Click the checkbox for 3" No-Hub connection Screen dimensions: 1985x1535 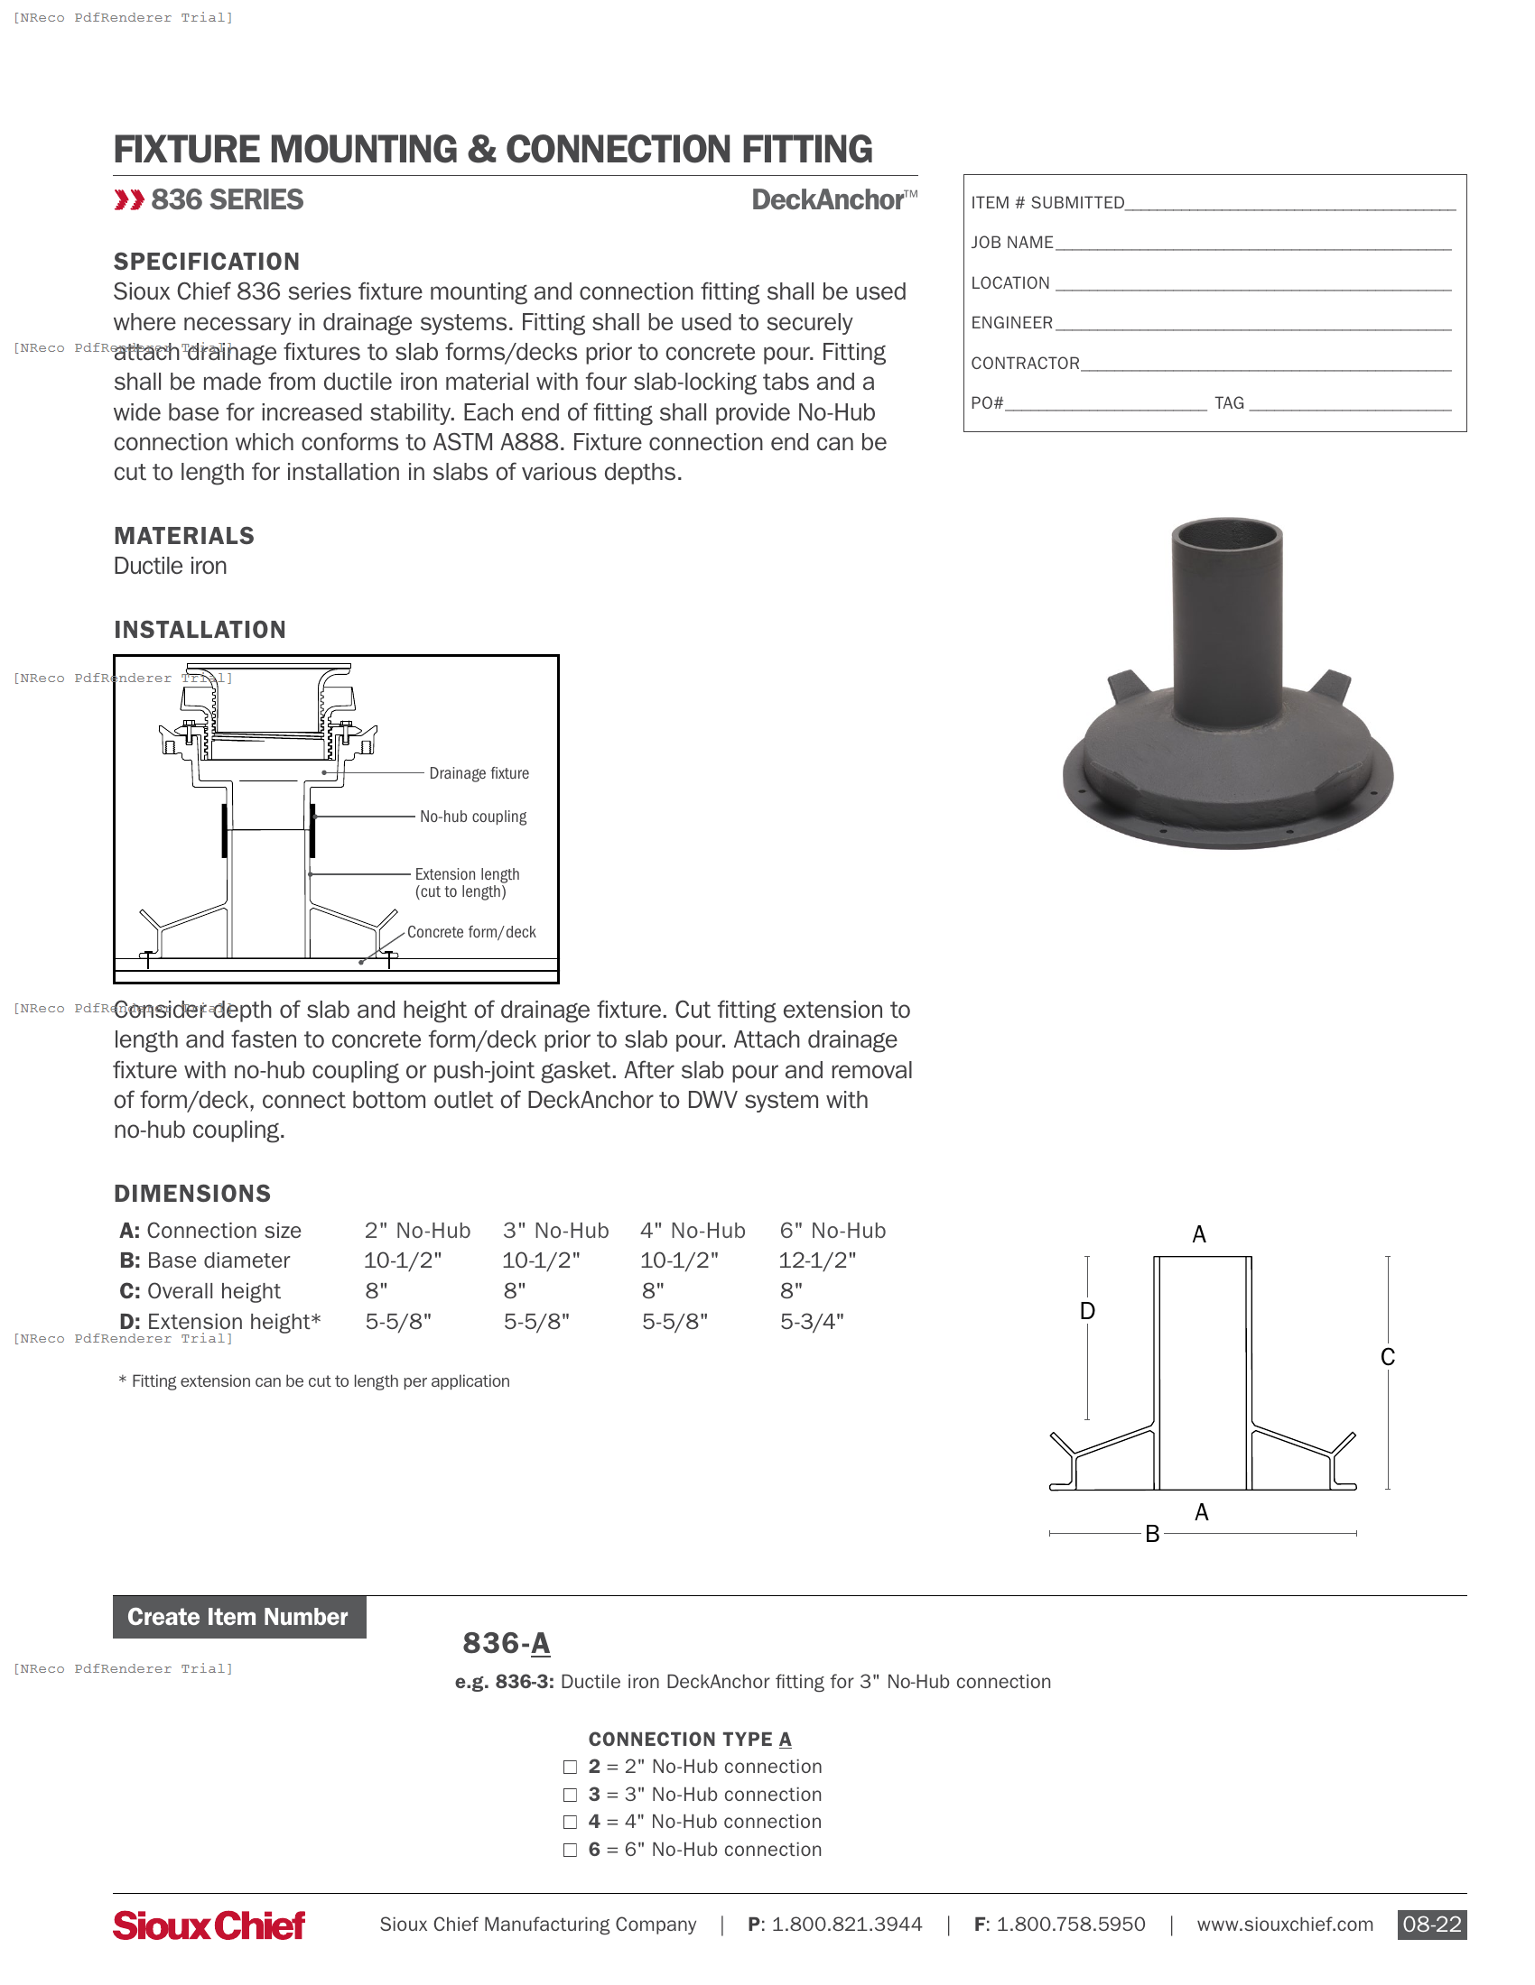click(x=570, y=1795)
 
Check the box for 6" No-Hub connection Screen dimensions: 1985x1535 click(x=570, y=1850)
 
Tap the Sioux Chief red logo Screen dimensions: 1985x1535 click(x=209, y=1925)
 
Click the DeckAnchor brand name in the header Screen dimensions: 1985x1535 click(x=827, y=200)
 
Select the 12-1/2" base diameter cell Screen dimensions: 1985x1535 click(x=816, y=1260)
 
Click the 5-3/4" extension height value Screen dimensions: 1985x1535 click(x=811, y=1322)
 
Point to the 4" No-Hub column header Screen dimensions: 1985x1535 click(x=692, y=1231)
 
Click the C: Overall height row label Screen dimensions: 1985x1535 click(x=200, y=1290)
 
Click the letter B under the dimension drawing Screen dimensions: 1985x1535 click(x=1152, y=1534)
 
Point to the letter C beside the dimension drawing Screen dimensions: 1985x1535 click(x=1387, y=1357)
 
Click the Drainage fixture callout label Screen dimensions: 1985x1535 click(x=479, y=773)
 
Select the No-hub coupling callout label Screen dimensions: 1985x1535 click(x=473, y=817)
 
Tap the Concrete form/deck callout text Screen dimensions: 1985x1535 click(x=471, y=933)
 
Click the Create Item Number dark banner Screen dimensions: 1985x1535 click(x=239, y=1617)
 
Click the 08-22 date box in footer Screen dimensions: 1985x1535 click(x=1431, y=1925)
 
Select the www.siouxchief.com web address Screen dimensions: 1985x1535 click(x=1284, y=1925)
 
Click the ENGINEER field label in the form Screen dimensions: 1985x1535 click(x=1011, y=323)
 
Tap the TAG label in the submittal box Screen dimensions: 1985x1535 click(x=1229, y=402)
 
